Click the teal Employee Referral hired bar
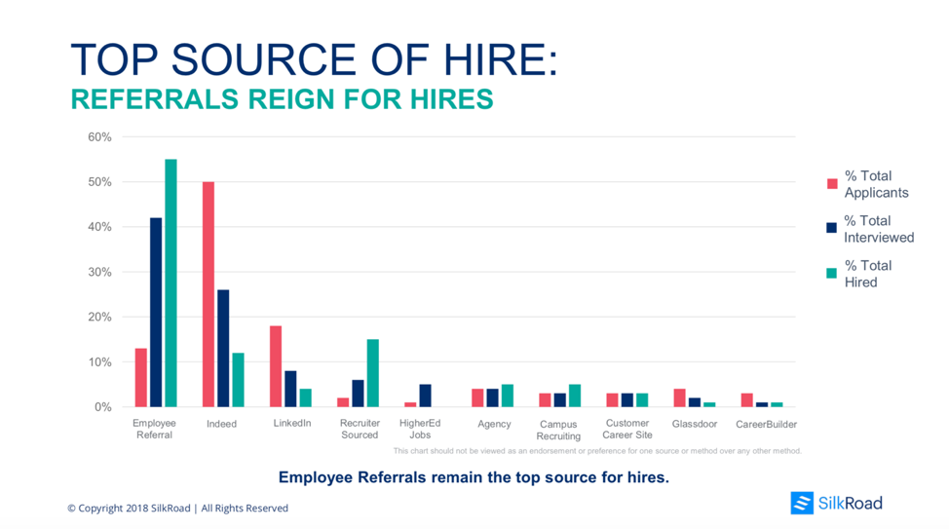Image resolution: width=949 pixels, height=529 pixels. pyautogui.click(x=171, y=283)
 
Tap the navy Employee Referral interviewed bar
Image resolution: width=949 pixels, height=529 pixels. pyautogui.click(x=156, y=312)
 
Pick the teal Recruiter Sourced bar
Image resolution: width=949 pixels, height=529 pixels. pyautogui.click(x=373, y=373)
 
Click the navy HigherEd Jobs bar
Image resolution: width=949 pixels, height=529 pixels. pyautogui.click(x=425, y=396)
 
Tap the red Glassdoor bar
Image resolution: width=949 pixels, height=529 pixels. pyautogui.click(x=679, y=397)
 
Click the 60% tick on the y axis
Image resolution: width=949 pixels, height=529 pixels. pyautogui.click(x=100, y=137)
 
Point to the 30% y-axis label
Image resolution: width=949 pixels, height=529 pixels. pyautogui.click(x=100, y=272)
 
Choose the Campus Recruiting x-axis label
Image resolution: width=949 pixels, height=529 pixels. pyautogui.click(x=558, y=431)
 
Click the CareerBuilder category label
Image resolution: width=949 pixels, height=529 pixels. pyautogui.click(x=766, y=424)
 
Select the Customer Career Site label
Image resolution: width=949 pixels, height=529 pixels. pyautogui.click(x=627, y=429)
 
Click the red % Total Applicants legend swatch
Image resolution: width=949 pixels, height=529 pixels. pyautogui.click(x=832, y=184)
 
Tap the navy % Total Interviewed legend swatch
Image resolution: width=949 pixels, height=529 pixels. pyautogui.click(x=832, y=228)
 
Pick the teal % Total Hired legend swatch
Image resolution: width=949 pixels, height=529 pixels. pyautogui.click(x=832, y=274)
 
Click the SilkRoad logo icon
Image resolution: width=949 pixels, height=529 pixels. pyautogui.click(x=802, y=503)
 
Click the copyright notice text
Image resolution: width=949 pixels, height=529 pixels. pyautogui.click(x=177, y=508)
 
